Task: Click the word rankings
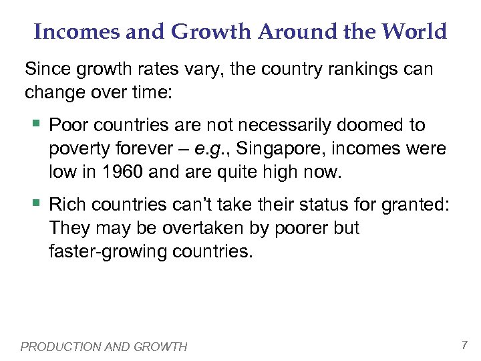(361, 68)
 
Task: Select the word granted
(416, 205)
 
